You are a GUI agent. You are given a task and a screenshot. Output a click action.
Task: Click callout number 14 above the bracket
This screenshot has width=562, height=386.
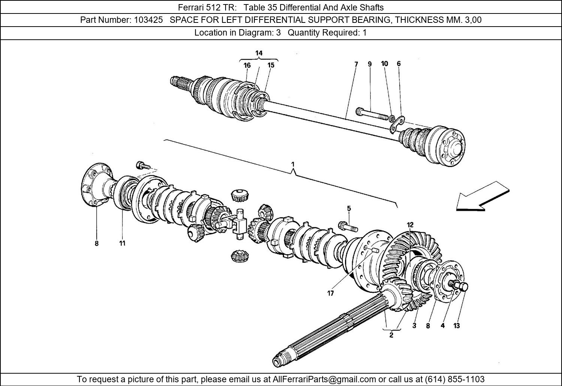(x=259, y=53)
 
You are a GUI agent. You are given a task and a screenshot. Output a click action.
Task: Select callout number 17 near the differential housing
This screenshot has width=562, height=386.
(x=330, y=294)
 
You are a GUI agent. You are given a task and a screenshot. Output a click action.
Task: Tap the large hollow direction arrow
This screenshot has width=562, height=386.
(x=482, y=197)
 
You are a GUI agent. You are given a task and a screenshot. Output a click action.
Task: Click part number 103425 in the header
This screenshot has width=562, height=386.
(x=148, y=20)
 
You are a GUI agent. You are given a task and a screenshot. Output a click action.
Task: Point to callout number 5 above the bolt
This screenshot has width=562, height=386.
(x=349, y=209)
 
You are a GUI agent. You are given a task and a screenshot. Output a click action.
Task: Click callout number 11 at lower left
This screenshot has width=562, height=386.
(x=122, y=243)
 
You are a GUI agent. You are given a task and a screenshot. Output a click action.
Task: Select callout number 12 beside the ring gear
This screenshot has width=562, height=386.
(x=410, y=225)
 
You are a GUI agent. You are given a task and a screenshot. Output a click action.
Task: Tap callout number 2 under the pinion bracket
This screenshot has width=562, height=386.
(x=391, y=335)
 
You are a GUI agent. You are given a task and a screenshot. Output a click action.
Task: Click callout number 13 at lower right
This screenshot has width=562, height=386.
(x=456, y=326)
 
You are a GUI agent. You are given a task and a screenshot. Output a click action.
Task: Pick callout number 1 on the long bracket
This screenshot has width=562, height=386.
(x=293, y=164)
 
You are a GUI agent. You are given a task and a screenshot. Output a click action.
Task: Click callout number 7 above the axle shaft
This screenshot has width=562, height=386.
(x=356, y=64)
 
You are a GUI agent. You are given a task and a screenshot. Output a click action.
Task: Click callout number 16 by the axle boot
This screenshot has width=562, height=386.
(x=247, y=65)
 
